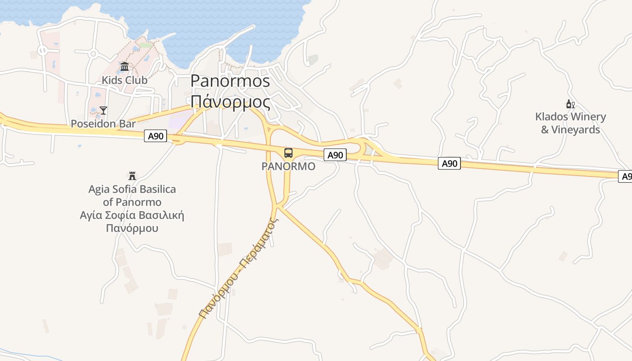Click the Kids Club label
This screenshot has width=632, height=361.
[x=124, y=80]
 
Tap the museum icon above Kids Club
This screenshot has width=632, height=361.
[x=125, y=67]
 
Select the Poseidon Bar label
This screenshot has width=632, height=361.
[x=103, y=124]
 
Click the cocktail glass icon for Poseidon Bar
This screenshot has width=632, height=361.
[x=103, y=111]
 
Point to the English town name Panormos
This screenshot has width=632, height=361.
[x=230, y=81]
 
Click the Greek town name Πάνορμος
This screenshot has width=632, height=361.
[x=230, y=102]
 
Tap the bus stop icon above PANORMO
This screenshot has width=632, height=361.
[x=288, y=153]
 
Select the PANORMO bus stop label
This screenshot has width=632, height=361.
[x=288, y=167]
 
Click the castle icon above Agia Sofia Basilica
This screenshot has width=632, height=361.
[x=132, y=176]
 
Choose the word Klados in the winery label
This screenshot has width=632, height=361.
[x=551, y=117]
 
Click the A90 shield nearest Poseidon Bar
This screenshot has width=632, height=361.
[x=156, y=136]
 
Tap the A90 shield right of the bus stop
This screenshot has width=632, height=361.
[x=335, y=155]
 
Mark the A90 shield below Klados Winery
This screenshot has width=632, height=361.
[x=449, y=163]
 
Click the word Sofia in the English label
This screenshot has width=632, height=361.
[x=125, y=189]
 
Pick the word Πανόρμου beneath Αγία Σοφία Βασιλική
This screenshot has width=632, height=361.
[x=132, y=228]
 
